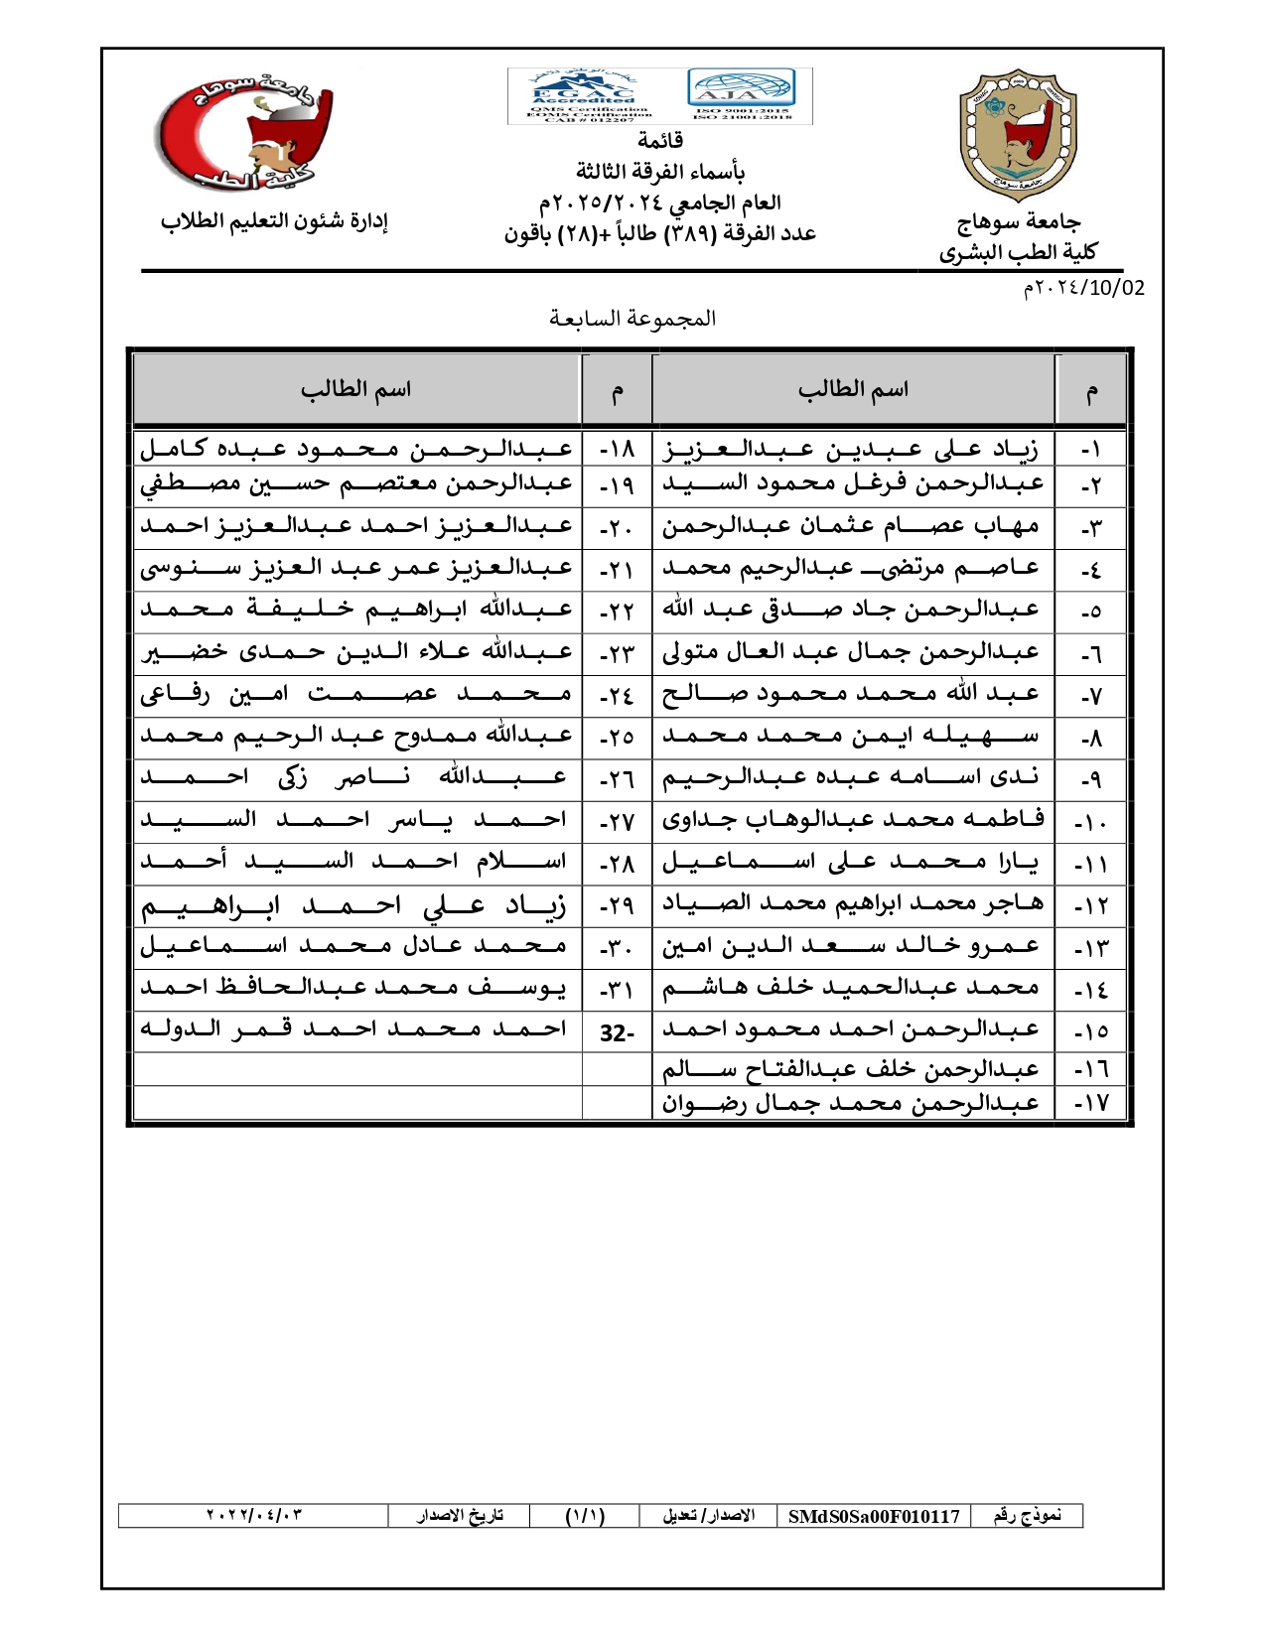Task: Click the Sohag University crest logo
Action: click(1018, 134)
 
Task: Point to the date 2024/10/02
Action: click(1083, 288)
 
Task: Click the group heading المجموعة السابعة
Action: click(633, 319)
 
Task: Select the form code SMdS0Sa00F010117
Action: click(874, 1516)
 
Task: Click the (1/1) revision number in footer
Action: click(585, 1516)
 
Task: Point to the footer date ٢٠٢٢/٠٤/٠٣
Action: click(253, 1516)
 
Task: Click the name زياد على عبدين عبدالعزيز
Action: click(851, 450)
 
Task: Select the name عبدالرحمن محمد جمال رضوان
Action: click(851, 1103)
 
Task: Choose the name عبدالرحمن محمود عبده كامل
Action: click(356, 450)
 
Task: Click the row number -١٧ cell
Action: click(1090, 1103)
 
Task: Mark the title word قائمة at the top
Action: click(660, 140)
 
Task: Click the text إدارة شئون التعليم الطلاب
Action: click(274, 221)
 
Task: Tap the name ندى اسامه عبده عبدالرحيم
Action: click(851, 777)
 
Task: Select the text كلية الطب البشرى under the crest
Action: click(1018, 252)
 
